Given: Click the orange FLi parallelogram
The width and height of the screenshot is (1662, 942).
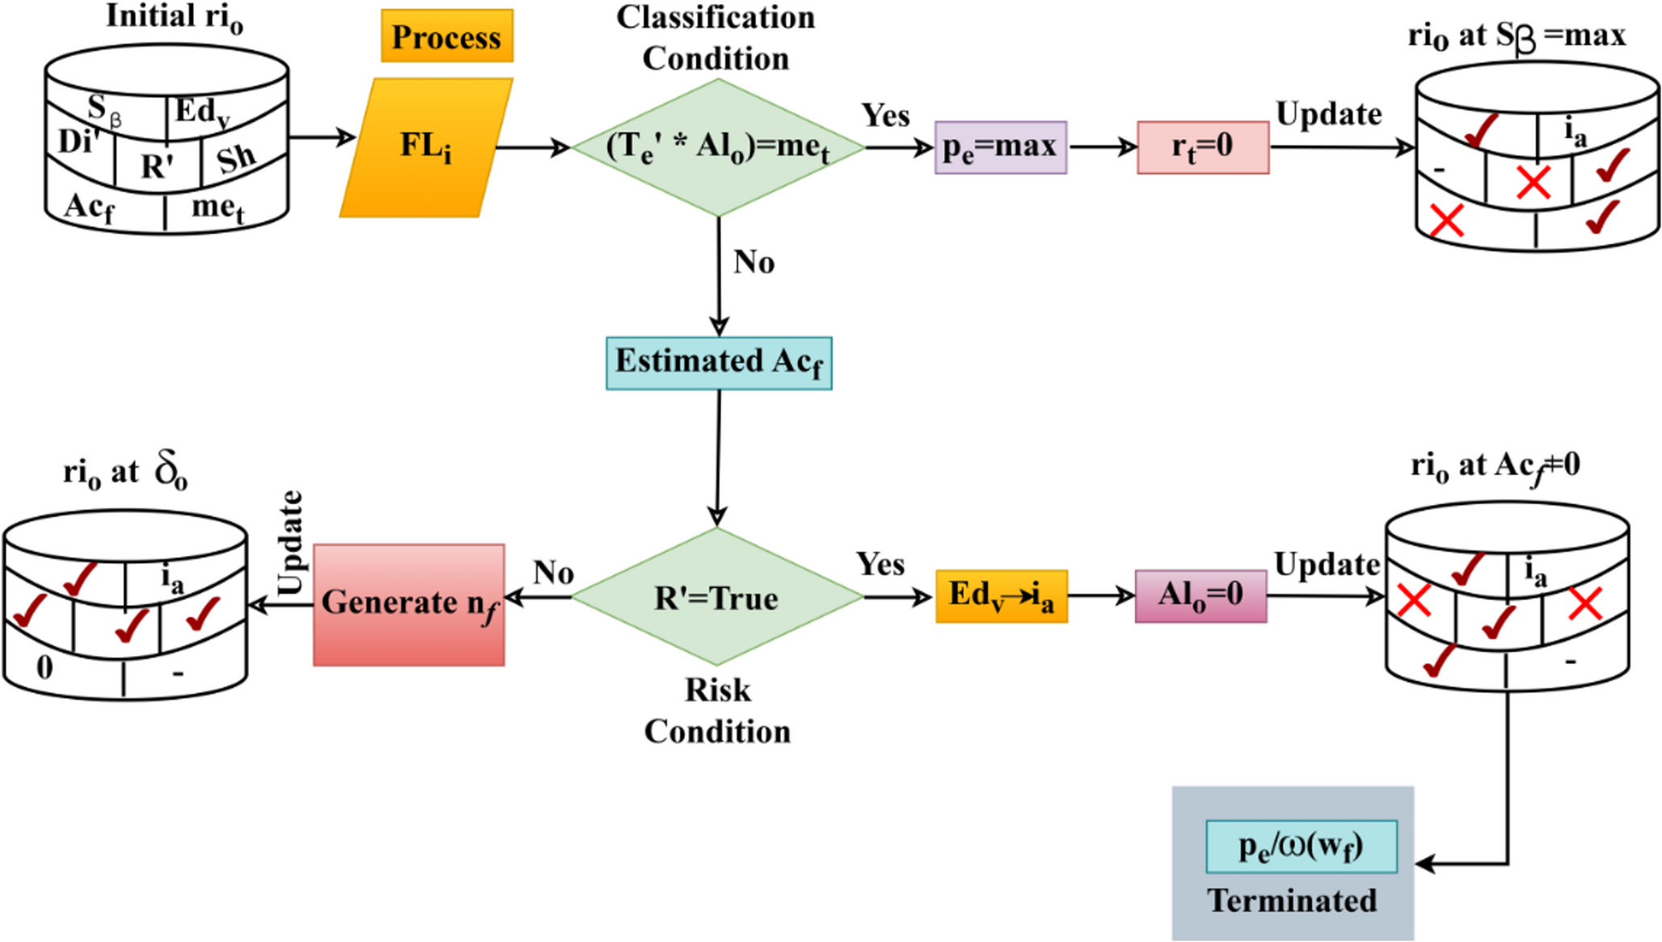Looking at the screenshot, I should (x=426, y=148).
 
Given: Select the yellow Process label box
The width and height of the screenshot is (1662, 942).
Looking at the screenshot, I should (x=447, y=36).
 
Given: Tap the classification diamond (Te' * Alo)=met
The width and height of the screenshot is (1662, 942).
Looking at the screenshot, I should (x=718, y=148).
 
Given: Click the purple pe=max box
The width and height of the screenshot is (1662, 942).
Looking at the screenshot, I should (x=1000, y=147).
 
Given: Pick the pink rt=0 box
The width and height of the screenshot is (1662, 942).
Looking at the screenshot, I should (x=1202, y=147).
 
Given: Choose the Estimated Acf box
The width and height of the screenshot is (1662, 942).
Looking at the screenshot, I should (x=719, y=363).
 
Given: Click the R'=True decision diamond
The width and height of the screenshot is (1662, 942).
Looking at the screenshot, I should (x=717, y=598).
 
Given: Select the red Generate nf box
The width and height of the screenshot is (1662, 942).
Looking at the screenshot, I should (x=409, y=604).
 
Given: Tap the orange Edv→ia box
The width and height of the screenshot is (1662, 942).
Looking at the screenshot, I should (x=1002, y=596).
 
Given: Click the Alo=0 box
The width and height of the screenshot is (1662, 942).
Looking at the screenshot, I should (x=1200, y=596).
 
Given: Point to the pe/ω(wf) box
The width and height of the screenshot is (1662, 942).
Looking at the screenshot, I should (x=1301, y=847).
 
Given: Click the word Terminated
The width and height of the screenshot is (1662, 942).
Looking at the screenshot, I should (x=1292, y=901).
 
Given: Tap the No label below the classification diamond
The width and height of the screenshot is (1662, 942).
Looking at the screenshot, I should (x=753, y=263).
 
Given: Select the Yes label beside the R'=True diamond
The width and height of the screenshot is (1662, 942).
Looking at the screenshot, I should (x=880, y=564).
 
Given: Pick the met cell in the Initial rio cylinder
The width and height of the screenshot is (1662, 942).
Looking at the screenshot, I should (x=217, y=208).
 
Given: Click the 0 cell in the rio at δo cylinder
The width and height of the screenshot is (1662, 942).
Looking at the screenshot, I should (x=45, y=667).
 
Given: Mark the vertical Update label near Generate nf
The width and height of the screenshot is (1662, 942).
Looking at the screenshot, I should (x=289, y=543).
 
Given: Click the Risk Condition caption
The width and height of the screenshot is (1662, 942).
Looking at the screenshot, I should (x=717, y=711).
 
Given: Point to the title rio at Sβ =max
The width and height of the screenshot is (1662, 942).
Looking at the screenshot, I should (x=1516, y=36).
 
